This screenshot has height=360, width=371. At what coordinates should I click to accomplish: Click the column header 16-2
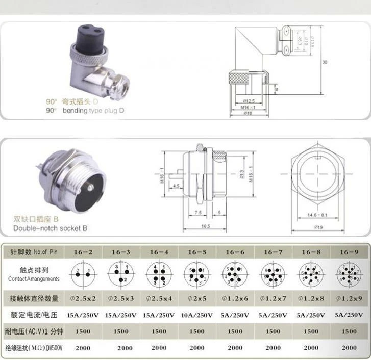click(x=83, y=252)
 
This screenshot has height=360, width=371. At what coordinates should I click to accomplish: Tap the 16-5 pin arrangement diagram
click(x=197, y=275)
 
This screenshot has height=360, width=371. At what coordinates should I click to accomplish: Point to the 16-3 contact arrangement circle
click(x=120, y=275)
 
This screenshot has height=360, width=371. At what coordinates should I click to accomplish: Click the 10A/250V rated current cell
click(x=196, y=314)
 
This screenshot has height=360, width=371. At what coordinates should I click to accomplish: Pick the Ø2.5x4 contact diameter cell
click(x=159, y=298)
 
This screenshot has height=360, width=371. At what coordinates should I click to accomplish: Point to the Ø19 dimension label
click(x=319, y=227)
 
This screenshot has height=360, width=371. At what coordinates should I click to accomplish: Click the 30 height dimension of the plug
click(x=325, y=62)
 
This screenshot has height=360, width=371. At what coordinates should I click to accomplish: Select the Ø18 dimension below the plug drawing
click(x=249, y=113)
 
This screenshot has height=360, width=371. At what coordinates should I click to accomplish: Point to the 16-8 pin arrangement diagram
click(x=312, y=275)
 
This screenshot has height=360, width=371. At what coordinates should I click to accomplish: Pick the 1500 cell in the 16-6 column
click(x=235, y=331)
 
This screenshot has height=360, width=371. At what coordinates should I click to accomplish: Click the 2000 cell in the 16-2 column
click(x=83, y=348)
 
